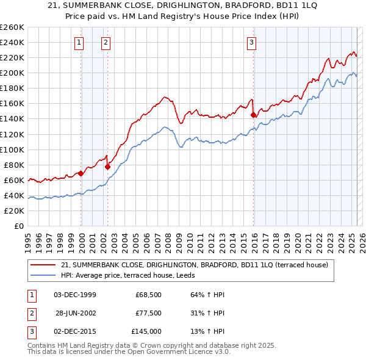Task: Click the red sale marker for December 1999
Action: click(x=81, y=173)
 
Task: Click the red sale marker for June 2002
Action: click(x=108, y=166)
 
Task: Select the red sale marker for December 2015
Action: click(x=253, y=114)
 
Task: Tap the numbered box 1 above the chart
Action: click(x=79, y=42)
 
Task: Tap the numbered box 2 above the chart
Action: click(x=106, y=42)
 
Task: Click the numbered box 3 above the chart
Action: click(x=251, y=42)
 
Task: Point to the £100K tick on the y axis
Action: click(x=12, y=149)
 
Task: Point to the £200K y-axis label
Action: click(x=12, y=73)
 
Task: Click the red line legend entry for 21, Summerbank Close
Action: click(x=195, y=265)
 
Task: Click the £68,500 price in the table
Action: click(x=148, y=295)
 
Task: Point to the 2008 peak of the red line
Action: click(x=164, y=96)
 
